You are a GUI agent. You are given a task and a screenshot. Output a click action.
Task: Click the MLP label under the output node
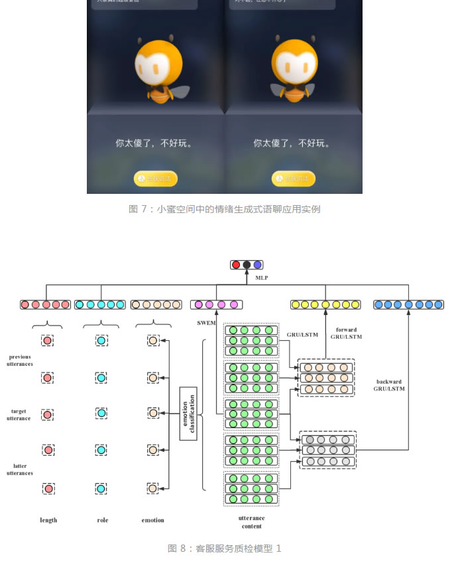[262, 279]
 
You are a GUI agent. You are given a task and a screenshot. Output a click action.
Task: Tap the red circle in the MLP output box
[236, 265]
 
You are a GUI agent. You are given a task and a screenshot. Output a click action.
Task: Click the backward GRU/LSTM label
[390, 385]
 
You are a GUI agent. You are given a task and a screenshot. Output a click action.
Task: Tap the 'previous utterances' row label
[19, 360]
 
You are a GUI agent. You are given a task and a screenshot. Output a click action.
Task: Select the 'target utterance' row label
[19, 415]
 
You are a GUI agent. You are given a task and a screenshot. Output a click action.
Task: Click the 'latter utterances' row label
[20, 469]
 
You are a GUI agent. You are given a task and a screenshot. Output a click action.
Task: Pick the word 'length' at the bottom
[48, 520]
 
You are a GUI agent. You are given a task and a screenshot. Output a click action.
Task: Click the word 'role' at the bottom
[102, 520]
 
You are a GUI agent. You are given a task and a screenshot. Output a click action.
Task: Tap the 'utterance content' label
[251, 522]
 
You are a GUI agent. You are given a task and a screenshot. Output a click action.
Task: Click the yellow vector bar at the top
[325, 304]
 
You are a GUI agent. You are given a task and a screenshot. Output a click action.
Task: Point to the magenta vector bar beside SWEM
[215, 304]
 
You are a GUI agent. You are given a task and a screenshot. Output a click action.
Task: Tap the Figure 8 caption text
[225, 549]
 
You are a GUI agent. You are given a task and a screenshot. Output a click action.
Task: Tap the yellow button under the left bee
[156, 179]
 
